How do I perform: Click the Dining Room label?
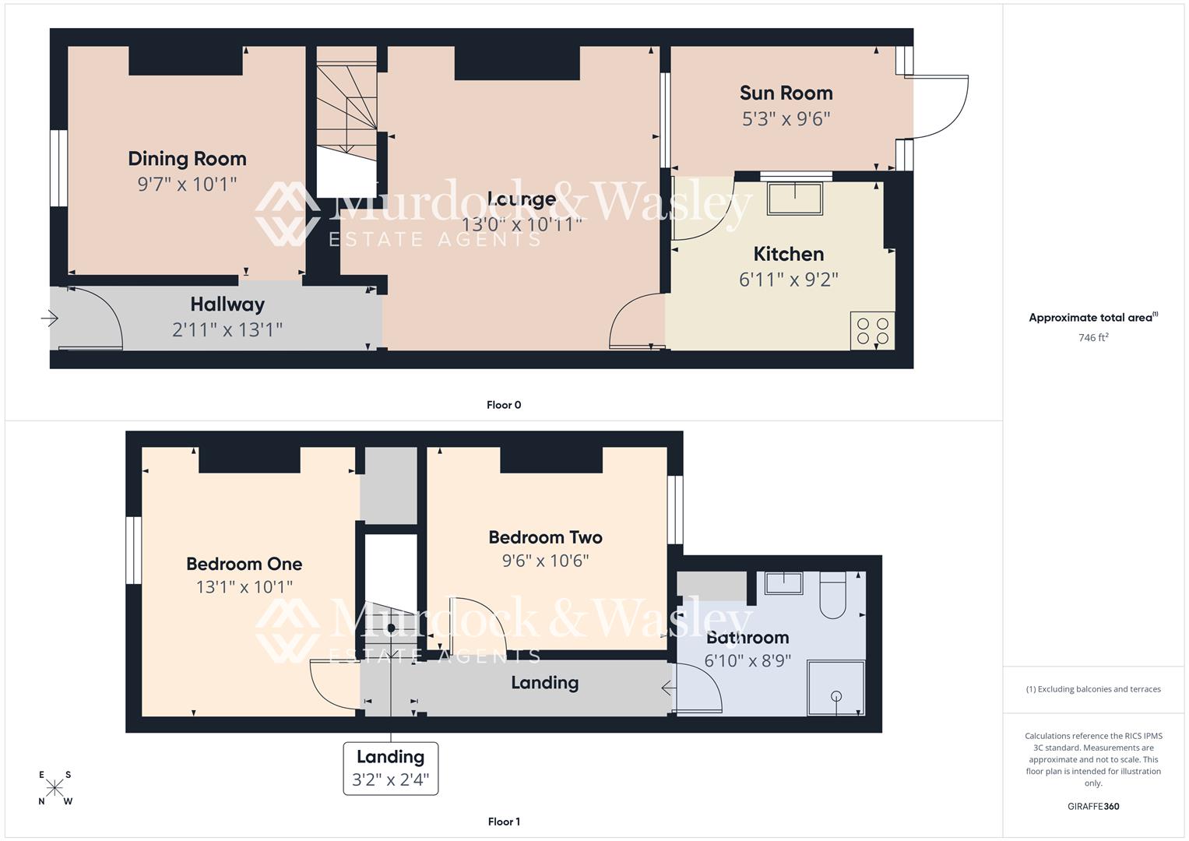tap(187, 159)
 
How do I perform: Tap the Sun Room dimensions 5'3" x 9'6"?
tap(786, 119)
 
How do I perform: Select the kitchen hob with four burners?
tap(872, 330)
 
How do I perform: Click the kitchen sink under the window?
tap(795, 198)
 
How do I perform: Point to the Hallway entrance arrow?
tap(50, 318)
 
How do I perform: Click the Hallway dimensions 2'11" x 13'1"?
tap(227, 330)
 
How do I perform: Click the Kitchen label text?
tap(788, 254)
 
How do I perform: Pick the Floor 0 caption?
tap(504, 405)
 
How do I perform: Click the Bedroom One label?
tap(244, 564)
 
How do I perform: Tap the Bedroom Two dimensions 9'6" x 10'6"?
tap(545, 561)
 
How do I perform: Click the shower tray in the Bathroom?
tap(836, 688)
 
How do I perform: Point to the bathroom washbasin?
tap(783, 582)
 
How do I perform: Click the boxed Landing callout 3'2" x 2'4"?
tap(391, 769)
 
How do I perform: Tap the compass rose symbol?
tap(55, 787)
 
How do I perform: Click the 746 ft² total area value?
tap(1093, 338)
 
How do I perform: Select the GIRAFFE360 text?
tap(1093, 806)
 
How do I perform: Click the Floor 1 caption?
tap(504, 822)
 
